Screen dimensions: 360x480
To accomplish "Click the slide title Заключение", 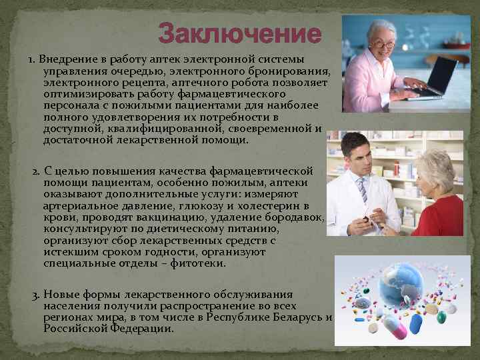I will pos(239,33).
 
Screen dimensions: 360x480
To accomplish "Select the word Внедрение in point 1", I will pos(65,59).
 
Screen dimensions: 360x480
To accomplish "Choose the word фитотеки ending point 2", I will pos(200,263).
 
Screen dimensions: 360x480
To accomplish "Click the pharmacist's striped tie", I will pos(361,189).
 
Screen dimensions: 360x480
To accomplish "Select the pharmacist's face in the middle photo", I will pos(357,157).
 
